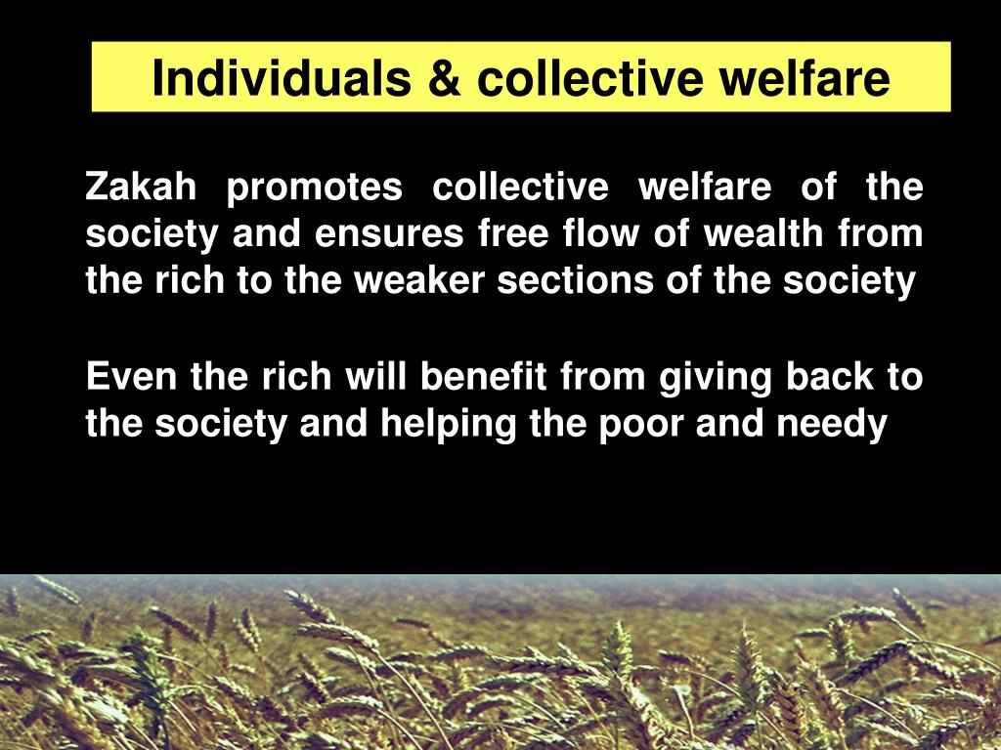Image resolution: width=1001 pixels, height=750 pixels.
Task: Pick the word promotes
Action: [x=314, y=188]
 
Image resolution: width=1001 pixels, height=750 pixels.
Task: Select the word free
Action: [x=513, y=234]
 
